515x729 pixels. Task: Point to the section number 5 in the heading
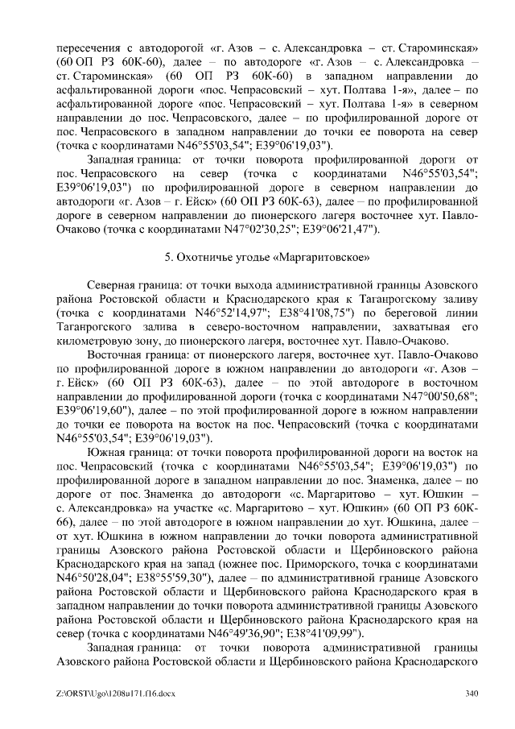click(x=167, y=258)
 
